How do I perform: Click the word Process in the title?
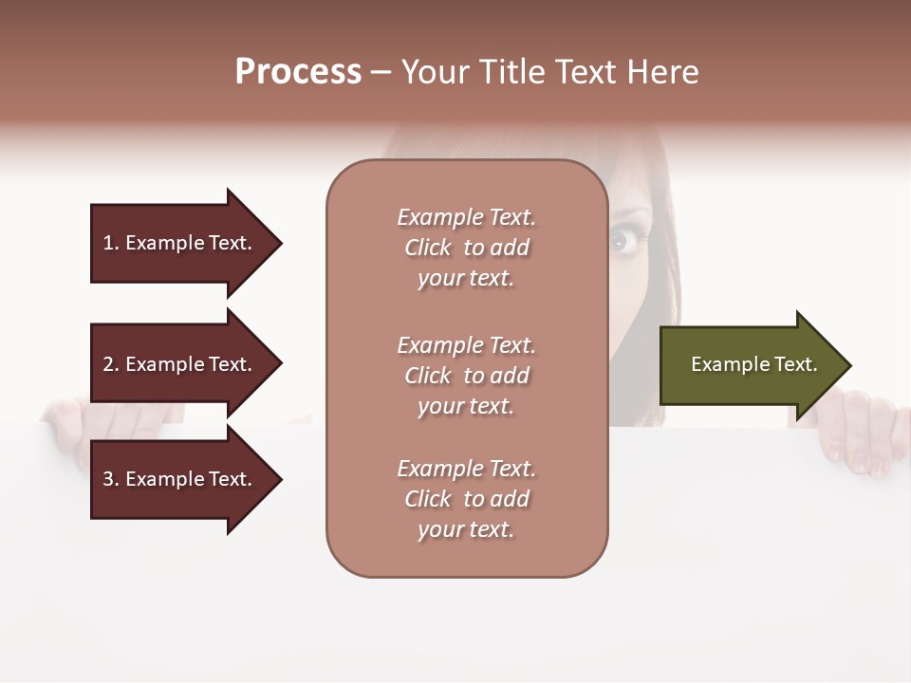298,72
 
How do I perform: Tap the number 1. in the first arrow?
111,243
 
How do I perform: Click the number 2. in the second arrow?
111,364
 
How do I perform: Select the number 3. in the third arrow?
111,479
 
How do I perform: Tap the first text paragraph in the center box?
466,248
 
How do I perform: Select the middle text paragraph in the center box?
466,376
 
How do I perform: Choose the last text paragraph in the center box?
466,499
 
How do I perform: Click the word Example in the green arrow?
724,364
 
